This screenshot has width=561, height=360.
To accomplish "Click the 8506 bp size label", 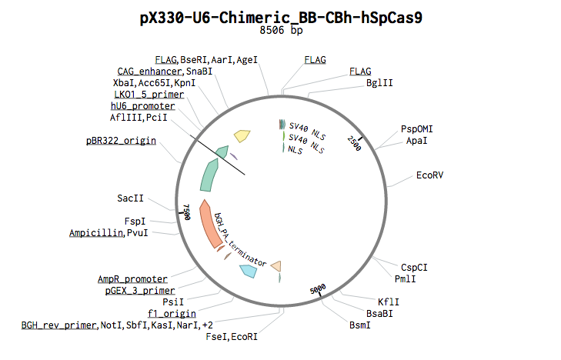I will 281,31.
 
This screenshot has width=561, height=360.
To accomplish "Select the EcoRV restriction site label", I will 429,175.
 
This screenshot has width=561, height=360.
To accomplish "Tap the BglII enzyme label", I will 379,83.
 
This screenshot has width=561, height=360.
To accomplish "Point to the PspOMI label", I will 416,128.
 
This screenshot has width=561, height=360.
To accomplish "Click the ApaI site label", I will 416,141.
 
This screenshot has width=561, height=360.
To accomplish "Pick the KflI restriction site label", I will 388,302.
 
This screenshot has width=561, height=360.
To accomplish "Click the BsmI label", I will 359,325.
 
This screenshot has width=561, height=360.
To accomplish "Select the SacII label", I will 131,198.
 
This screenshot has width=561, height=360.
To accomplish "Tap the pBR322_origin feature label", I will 121,141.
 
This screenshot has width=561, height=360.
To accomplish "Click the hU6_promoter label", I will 142,105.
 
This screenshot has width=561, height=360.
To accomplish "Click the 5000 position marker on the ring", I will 317,289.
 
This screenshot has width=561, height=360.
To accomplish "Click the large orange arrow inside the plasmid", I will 209,223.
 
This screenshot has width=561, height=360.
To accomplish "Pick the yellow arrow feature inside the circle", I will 242,136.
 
